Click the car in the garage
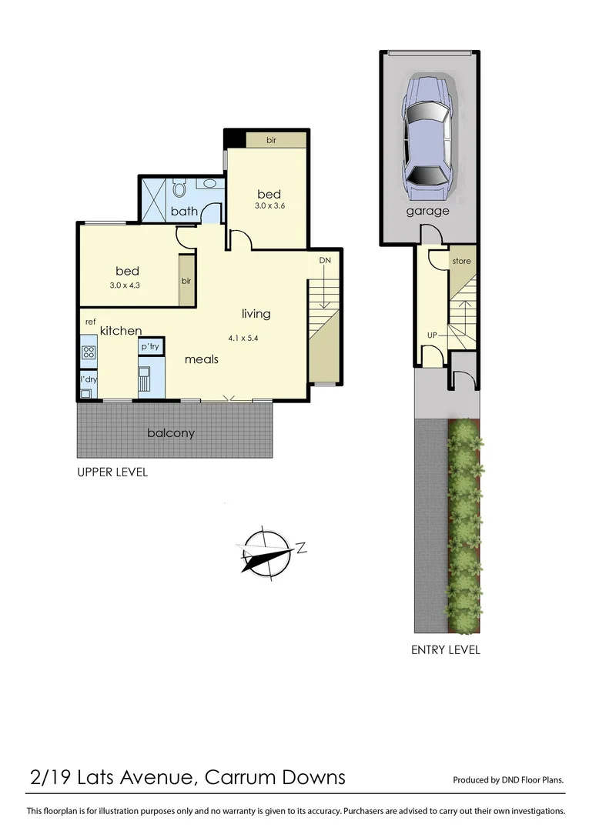coord(428,138)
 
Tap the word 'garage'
coord(427,211)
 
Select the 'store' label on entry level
coord(461,262)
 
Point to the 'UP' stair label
coord(433,335)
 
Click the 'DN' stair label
coord(325,261)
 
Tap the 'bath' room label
coord(185,212)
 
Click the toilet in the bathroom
coord(180,188)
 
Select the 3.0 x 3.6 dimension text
coord(270,206)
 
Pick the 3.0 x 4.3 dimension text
coord(128,285)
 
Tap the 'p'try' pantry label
coord(149,348)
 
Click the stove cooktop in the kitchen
coord(89,353)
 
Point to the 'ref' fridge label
coord(90,322)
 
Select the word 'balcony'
coord(171,433)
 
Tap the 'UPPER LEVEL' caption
coord(112,472)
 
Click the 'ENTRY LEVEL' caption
coord(445,650)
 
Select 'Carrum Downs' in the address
coord(276,777)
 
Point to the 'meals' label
coord(202,359)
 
